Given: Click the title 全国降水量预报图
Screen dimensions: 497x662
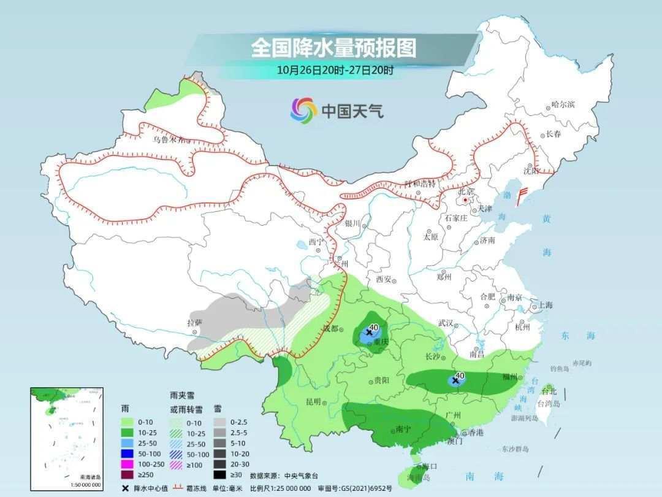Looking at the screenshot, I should (333, 47).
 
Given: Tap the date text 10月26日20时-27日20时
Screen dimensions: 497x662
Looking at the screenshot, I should (335, 69).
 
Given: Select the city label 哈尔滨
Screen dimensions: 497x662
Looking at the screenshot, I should (563, 105).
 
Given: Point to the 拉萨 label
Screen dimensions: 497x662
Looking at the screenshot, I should (194, 322).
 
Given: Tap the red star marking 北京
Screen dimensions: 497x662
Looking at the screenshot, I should (465, 200).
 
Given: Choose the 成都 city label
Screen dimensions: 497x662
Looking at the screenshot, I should (330, 328).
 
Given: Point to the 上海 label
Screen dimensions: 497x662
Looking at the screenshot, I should (545, 305).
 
